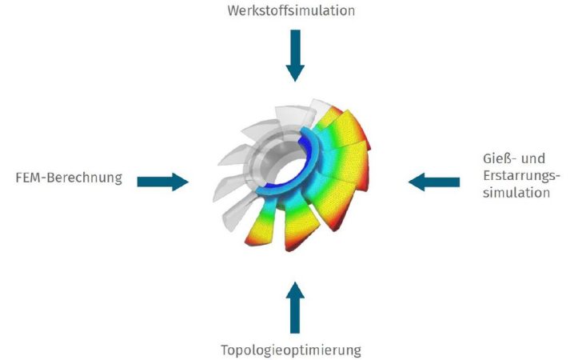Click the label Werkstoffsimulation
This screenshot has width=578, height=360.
click(291, 10)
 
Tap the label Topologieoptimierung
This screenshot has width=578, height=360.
click(291, 350)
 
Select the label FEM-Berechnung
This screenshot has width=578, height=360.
click(69, 178)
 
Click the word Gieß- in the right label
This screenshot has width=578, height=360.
click(498, 158)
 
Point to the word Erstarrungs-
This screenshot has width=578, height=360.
click(521, 175)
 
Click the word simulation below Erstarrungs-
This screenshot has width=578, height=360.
click(516, 193)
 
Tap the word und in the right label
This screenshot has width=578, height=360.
click(534, 158)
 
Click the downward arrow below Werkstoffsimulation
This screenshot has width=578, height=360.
click(295, 56)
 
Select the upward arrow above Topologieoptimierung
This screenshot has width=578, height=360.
click(295, 308)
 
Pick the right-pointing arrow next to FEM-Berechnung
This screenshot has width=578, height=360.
click(163, 182)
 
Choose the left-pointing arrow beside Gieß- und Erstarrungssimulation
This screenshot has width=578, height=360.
click(434, 182)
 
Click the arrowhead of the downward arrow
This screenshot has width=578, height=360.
click(295, 73)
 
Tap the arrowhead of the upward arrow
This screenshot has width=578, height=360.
click(295, 290)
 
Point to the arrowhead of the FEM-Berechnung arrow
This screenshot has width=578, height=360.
click(180, 182)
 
